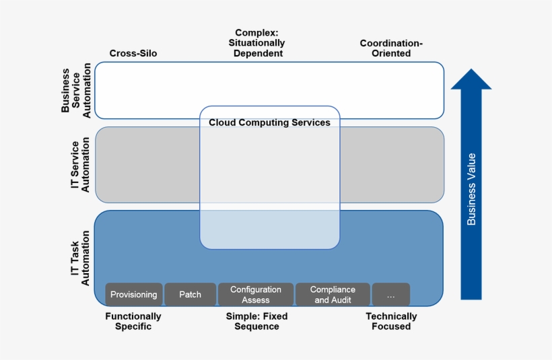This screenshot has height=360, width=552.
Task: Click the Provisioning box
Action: point(133,295)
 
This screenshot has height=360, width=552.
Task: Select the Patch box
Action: point(190,295)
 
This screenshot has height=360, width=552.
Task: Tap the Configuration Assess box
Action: point(255,295)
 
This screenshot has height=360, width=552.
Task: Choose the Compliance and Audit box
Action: point(333,295)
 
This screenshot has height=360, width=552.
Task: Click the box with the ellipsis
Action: point(390,295)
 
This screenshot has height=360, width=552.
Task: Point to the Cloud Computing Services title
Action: point(269,122)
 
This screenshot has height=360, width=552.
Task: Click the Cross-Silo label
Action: point(133,53)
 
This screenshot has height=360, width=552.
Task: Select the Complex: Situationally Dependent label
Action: point(259,43)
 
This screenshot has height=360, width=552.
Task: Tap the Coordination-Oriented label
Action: point(391,48)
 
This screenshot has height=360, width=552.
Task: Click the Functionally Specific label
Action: point(133,321)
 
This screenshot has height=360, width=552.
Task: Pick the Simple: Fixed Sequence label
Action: point(256,321)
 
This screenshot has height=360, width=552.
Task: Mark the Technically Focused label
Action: point(391,321)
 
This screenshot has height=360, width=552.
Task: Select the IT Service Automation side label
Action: point(80,165)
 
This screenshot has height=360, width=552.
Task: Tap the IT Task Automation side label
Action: point(80,258)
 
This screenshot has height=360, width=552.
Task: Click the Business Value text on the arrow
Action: point(471,189)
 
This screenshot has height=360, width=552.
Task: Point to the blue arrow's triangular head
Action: point(471,79)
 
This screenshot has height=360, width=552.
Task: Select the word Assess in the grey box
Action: point(255,300)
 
